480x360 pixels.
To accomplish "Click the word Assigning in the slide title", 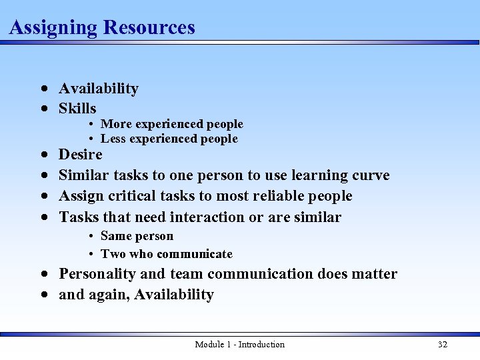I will [x=53, y=27].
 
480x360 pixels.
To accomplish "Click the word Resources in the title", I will [x=149, y=27].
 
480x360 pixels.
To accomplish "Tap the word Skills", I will [x=77, y=109].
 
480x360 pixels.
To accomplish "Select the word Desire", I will [x=81, y=155].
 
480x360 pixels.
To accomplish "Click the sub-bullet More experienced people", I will [x=172, y=124].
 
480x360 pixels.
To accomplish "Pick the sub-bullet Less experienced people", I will [x=169, y=139].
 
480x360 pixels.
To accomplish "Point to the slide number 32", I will [x=442, y=344].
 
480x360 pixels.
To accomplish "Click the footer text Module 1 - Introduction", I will [x=239, y=344].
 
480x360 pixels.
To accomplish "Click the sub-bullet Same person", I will [x=137, y=236].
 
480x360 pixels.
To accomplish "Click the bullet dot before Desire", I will [x=43, y=155].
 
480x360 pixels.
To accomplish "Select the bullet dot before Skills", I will [x=43, y=109].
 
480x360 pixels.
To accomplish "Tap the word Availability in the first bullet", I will [x=99, y=89].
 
